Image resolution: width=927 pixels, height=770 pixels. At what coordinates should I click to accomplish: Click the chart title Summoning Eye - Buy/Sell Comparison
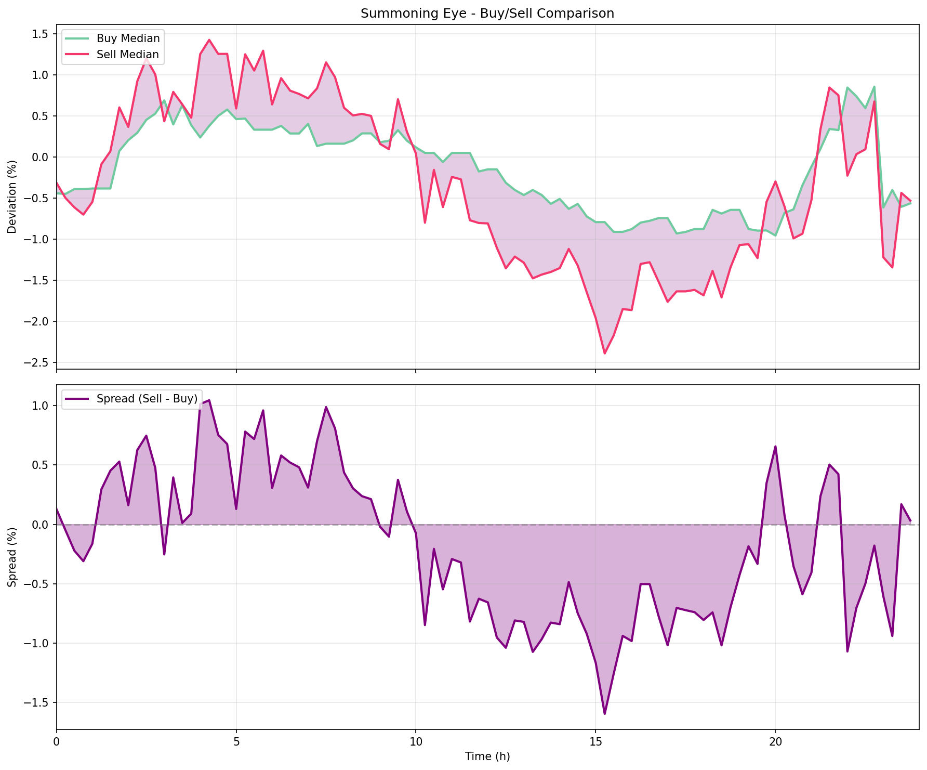click(487, 14)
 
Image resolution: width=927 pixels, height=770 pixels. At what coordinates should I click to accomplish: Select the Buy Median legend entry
click(128, 38)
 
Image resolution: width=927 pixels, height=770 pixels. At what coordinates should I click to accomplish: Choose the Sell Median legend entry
click(128, 55)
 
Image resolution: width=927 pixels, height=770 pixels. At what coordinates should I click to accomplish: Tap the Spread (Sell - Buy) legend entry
click(147, 399)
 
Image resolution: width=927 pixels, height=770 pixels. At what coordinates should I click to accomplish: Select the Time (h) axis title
click(487, 756)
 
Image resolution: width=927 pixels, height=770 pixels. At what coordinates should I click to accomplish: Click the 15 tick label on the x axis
click(595, 740)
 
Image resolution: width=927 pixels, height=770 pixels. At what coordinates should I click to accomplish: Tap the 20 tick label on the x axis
click(775, 740)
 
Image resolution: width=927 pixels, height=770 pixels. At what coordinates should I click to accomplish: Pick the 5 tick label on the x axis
click(236, 740)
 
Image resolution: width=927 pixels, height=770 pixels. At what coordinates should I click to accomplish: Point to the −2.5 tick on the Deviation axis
click(37, 362)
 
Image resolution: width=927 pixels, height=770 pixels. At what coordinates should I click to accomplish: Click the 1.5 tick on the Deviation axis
click(40, 34)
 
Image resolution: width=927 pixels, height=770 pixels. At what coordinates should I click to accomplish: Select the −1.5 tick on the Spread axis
click(37, 702)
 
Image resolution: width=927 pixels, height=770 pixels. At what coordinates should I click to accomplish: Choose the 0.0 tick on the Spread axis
click(40, 525)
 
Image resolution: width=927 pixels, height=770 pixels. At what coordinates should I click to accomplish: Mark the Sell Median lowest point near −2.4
click(604, 354)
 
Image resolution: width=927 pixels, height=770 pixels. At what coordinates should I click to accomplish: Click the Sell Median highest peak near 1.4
click(209, 40)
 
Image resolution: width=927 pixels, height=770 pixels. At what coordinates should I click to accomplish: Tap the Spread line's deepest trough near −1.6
click(604, 714)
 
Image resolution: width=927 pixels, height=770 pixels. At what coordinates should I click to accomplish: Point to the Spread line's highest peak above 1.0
click(209, 400)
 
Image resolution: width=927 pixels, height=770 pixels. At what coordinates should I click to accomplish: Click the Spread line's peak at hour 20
click(775, 446)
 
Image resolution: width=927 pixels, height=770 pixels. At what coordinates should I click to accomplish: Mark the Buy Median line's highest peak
click(875, 87)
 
